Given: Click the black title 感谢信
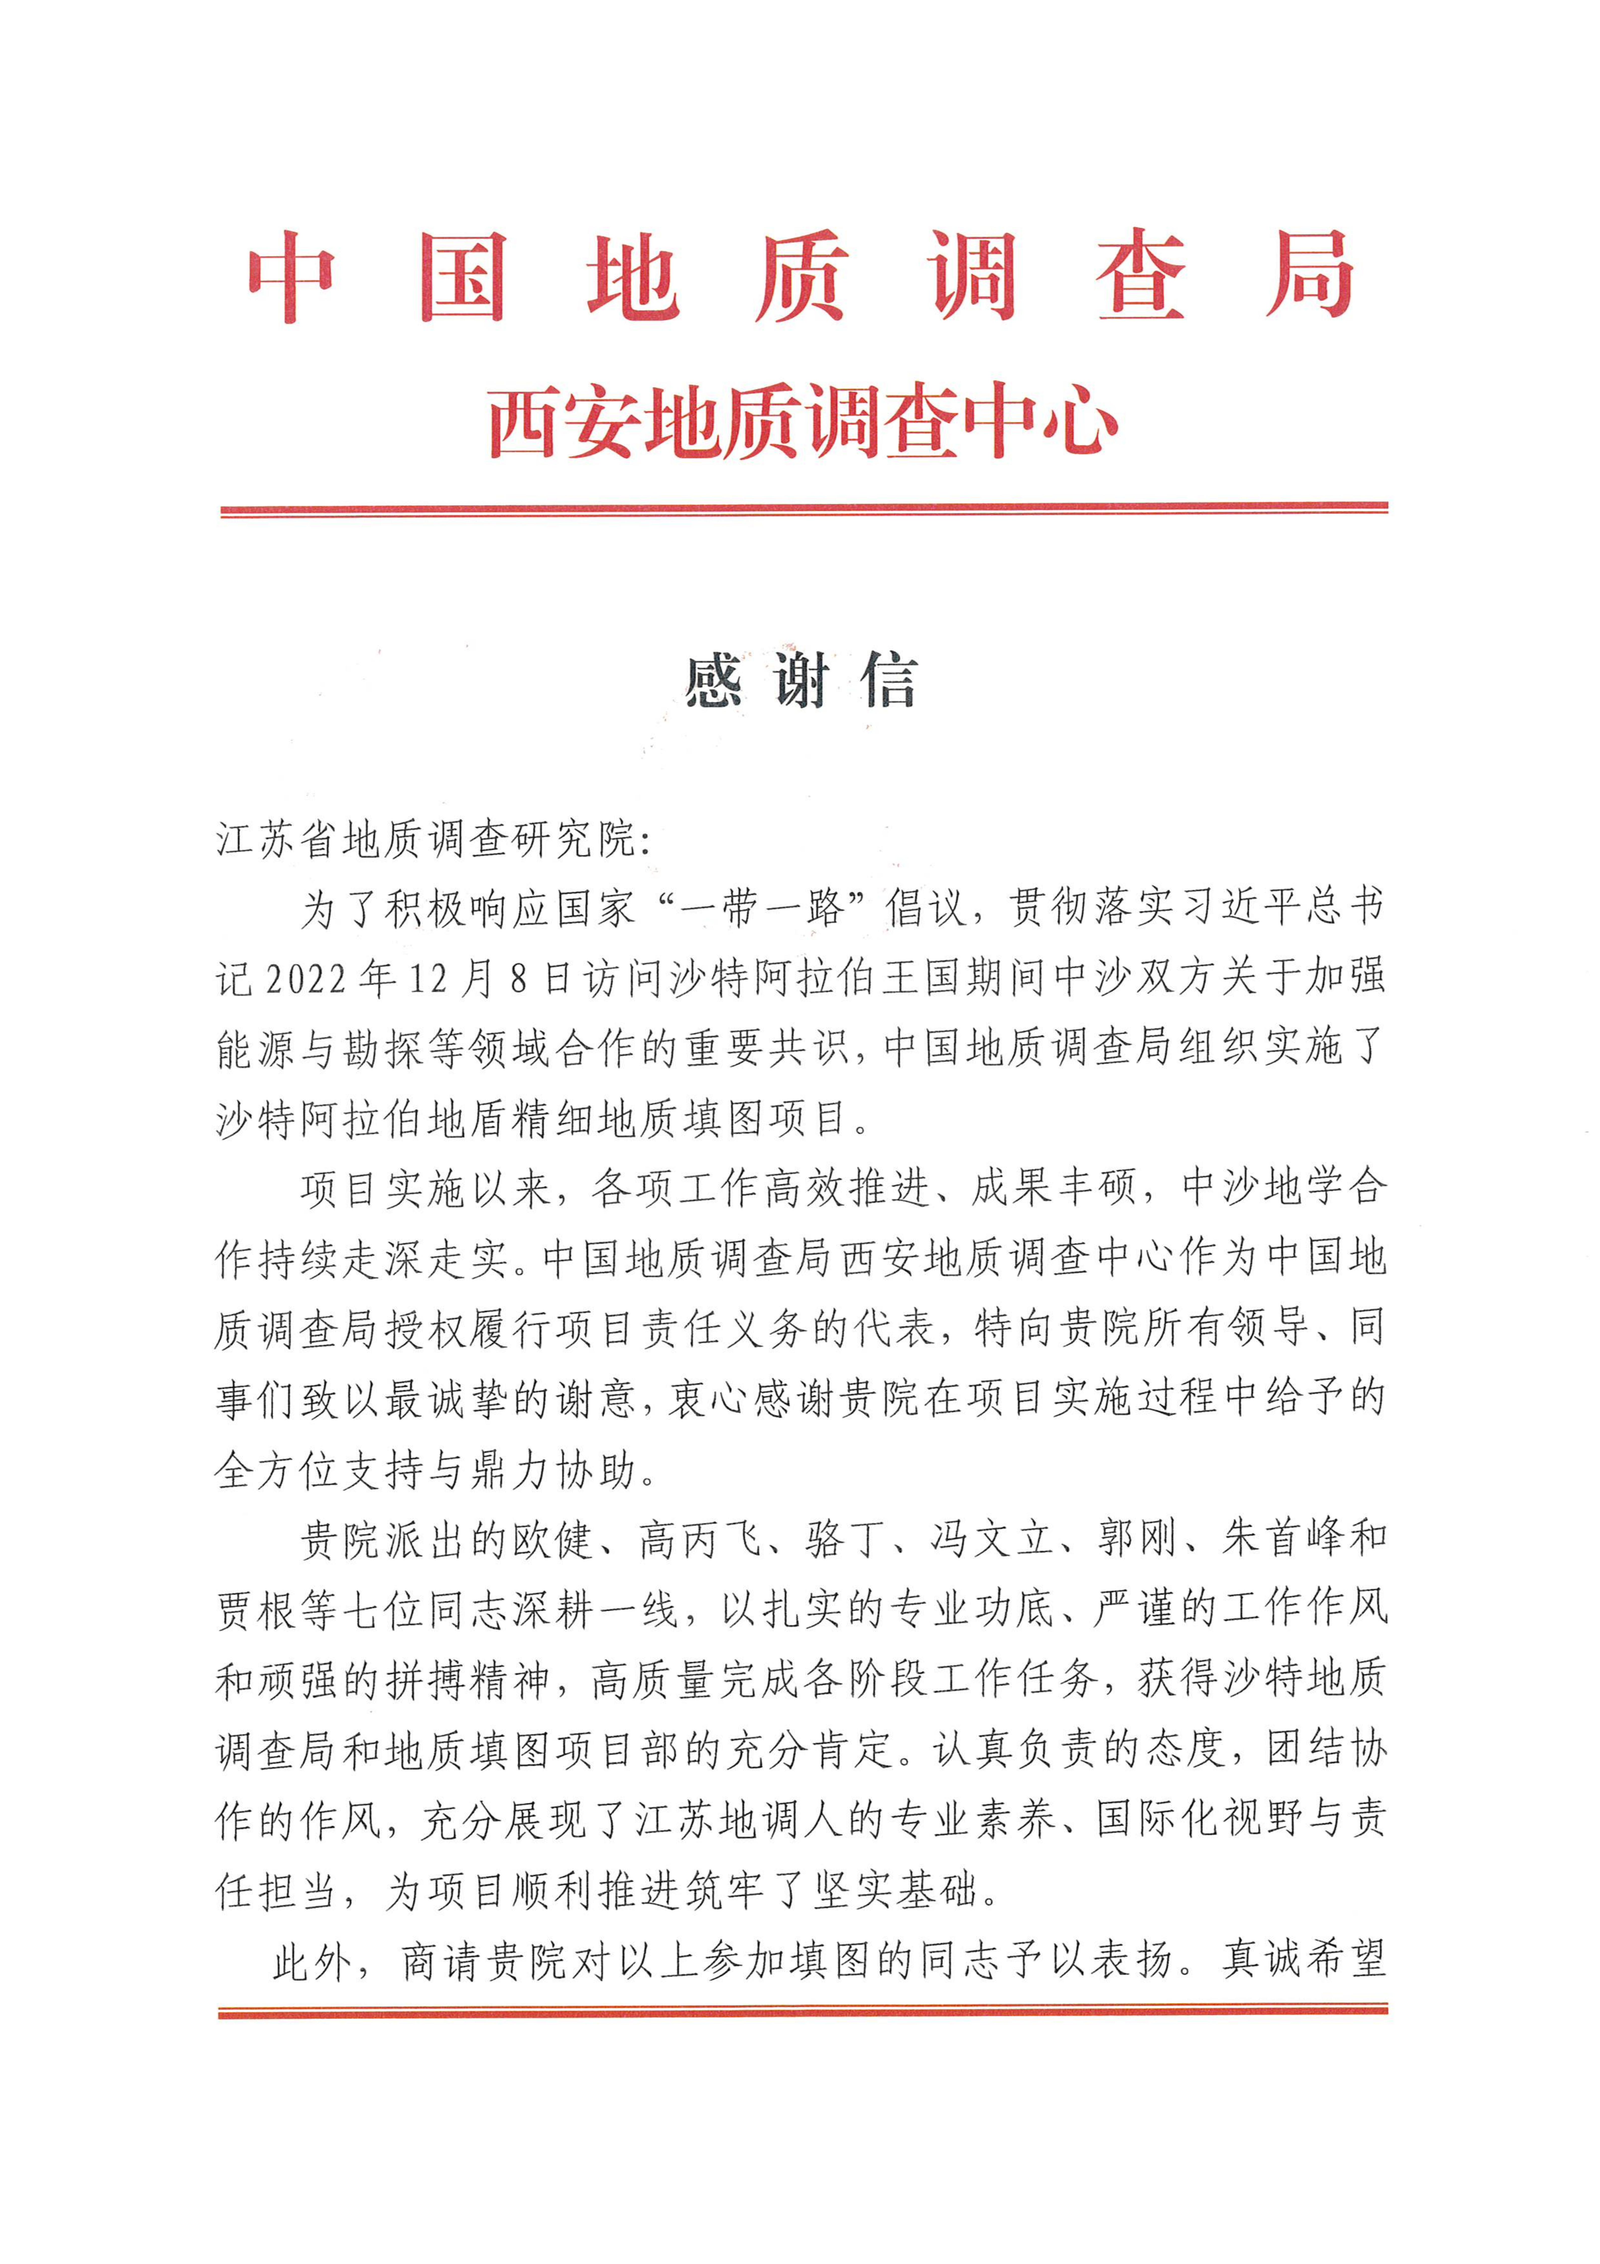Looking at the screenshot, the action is coord(801,680).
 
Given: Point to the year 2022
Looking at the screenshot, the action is coord(305,979).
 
